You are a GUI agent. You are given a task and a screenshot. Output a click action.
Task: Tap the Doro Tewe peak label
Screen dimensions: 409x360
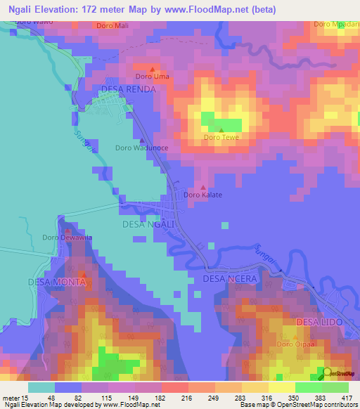[221, 138]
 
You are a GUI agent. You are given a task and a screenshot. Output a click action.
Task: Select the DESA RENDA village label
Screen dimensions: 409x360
[129, 89]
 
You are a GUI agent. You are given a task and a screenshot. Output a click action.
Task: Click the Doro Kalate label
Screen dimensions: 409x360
[203, 195]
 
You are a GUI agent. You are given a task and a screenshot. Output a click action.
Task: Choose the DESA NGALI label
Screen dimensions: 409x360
[148, 224]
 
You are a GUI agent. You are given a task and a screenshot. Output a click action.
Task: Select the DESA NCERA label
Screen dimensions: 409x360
[230, 278]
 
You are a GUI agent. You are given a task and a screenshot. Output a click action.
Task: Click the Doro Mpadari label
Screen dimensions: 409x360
[333, 25]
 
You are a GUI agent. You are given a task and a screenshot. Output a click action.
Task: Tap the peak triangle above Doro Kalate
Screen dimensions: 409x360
[204, 188]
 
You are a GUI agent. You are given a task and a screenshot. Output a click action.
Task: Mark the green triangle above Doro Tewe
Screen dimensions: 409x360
[221, 130]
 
